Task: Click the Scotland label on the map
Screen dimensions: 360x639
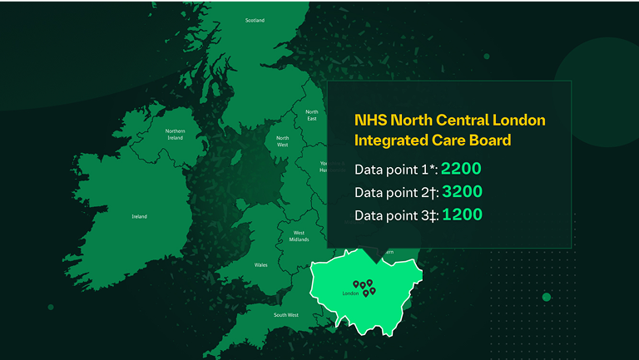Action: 255,21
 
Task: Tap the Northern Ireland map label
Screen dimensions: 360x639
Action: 175,134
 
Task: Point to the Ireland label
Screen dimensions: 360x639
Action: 139,216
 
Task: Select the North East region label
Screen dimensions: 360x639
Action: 311,115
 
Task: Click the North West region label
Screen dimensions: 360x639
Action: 283,141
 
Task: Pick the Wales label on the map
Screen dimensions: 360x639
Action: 260,265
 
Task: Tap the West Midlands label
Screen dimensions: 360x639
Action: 299,236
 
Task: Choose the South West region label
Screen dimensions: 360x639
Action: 286,315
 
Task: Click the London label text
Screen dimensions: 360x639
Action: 350,293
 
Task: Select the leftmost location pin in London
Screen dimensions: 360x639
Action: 356,283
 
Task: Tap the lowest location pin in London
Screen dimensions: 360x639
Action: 365,293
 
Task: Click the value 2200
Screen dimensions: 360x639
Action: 462,169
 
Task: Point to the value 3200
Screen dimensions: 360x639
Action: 462,192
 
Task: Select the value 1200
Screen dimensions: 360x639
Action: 462,215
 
